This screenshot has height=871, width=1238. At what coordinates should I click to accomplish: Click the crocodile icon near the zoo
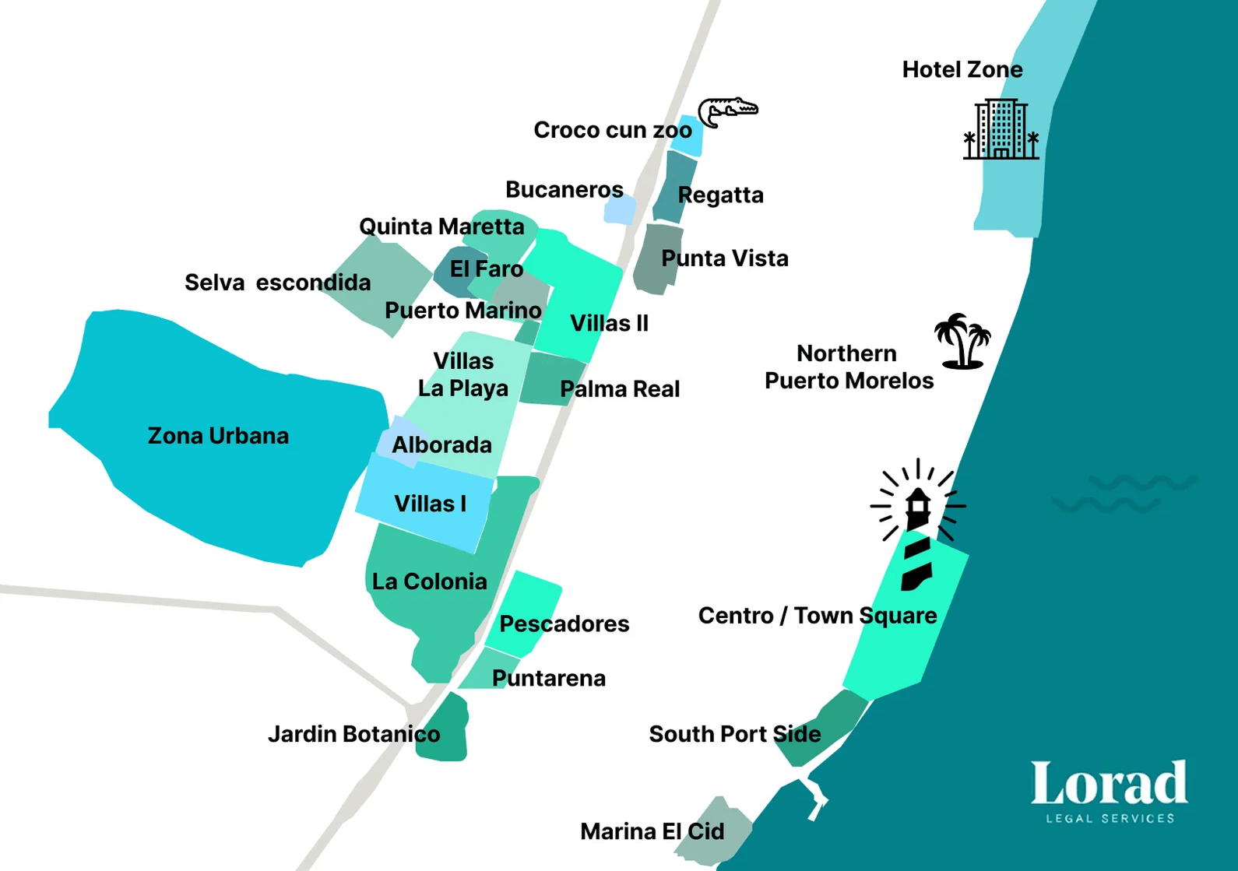(x=726, y=111)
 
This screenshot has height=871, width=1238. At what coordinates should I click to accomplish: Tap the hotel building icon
(x=1001, y=130)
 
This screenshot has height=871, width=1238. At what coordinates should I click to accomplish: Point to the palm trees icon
(x=963, y=341)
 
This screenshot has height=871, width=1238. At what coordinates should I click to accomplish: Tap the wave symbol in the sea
(x=1124, y=493)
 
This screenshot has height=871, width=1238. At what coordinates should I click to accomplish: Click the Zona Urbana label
(x=218, y=436)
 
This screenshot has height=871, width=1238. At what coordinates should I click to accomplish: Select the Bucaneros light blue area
(x=621, y=209)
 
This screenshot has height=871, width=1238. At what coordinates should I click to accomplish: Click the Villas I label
(x=430, y=504)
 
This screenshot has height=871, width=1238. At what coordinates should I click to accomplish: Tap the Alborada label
(x=441, y=445)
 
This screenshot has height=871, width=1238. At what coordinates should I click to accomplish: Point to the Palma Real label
(x=619, y=389)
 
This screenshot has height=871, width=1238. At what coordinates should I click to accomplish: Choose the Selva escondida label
(x=277, y=283)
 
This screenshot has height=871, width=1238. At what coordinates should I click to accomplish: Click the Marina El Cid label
(x=652, y=831)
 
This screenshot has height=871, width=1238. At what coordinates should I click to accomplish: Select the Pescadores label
(x=564, y=623)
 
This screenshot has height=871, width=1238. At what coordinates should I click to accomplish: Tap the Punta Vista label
(x=724, y=258)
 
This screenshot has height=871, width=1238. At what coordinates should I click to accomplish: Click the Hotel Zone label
(x=962, y=70)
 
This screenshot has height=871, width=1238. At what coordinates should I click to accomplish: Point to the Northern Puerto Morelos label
(x=848, y=367)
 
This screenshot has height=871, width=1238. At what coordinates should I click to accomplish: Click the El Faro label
(x=486, y=269)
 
